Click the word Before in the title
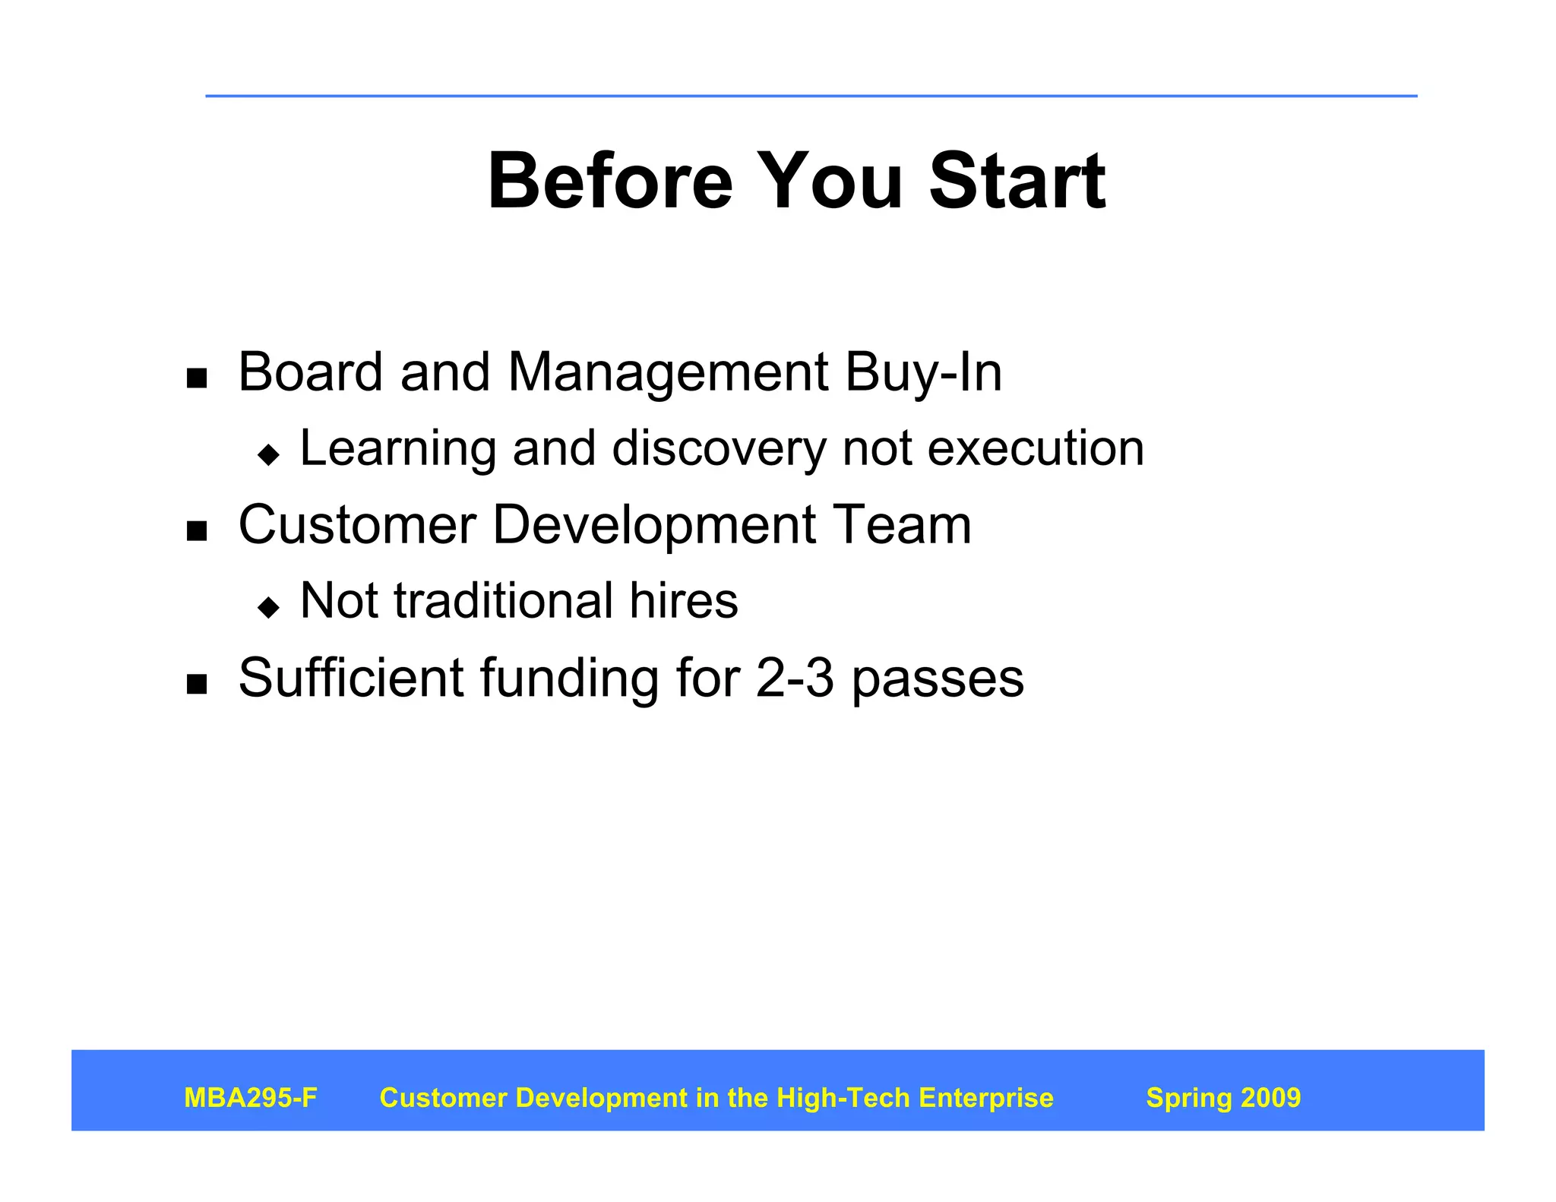[610, 182]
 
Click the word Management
[668, 373]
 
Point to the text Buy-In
[923, 373]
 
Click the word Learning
[397, 449]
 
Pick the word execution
[1036, 448]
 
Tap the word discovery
[719, 449]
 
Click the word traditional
[503, 600]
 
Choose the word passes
[938, 678]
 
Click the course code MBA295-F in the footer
[251, 1098]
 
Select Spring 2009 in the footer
[1223, 1098]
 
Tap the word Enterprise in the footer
[986, 1098]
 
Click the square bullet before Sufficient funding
[197, 684]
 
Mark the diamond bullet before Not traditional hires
[269, 607]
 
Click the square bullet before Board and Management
[197, 378]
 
